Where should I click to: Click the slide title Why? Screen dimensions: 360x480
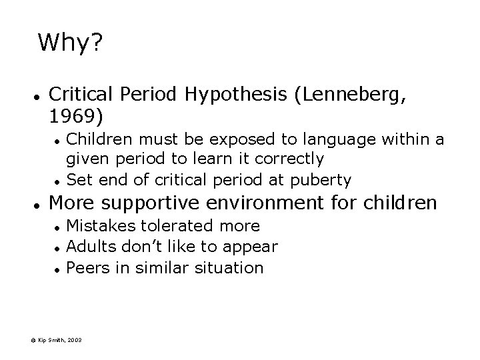point(69,44)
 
